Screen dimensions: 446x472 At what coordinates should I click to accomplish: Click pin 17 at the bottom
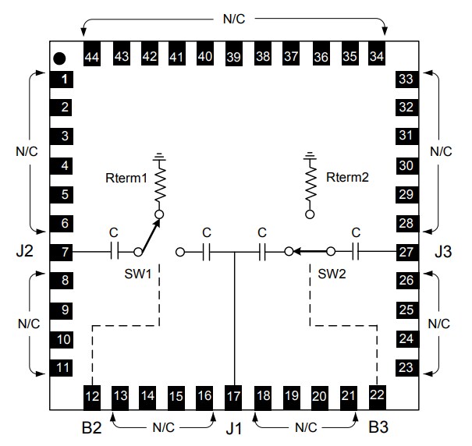(x=234, y=395)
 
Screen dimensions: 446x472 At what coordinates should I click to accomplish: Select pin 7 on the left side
(x=66, y=253)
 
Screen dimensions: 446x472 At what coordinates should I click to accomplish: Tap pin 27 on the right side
(x=405, y=253)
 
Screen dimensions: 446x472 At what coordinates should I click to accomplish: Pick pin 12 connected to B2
(x=92, y=395)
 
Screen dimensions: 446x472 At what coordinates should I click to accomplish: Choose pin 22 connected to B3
(x=378, y=395)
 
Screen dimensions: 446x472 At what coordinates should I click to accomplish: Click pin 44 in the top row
(x=92, y=57)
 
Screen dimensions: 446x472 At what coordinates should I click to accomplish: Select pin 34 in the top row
(x=377, y=57)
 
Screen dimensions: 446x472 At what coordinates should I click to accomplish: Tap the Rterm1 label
(x=126, y=179)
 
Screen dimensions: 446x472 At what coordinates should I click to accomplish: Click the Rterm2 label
(x=348, y=177)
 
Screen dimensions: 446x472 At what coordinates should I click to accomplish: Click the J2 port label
(x=26, y=252)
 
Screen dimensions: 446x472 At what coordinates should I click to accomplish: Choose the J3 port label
(x=445, y=252)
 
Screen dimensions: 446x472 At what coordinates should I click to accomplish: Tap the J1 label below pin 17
(x=234, y=427)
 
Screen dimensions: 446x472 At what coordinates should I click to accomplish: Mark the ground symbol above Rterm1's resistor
(x=159, y=156)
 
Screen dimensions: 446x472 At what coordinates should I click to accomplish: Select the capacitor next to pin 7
(x=114, y=252)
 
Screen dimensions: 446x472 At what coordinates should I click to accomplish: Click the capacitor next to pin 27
(x=356, y=252)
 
